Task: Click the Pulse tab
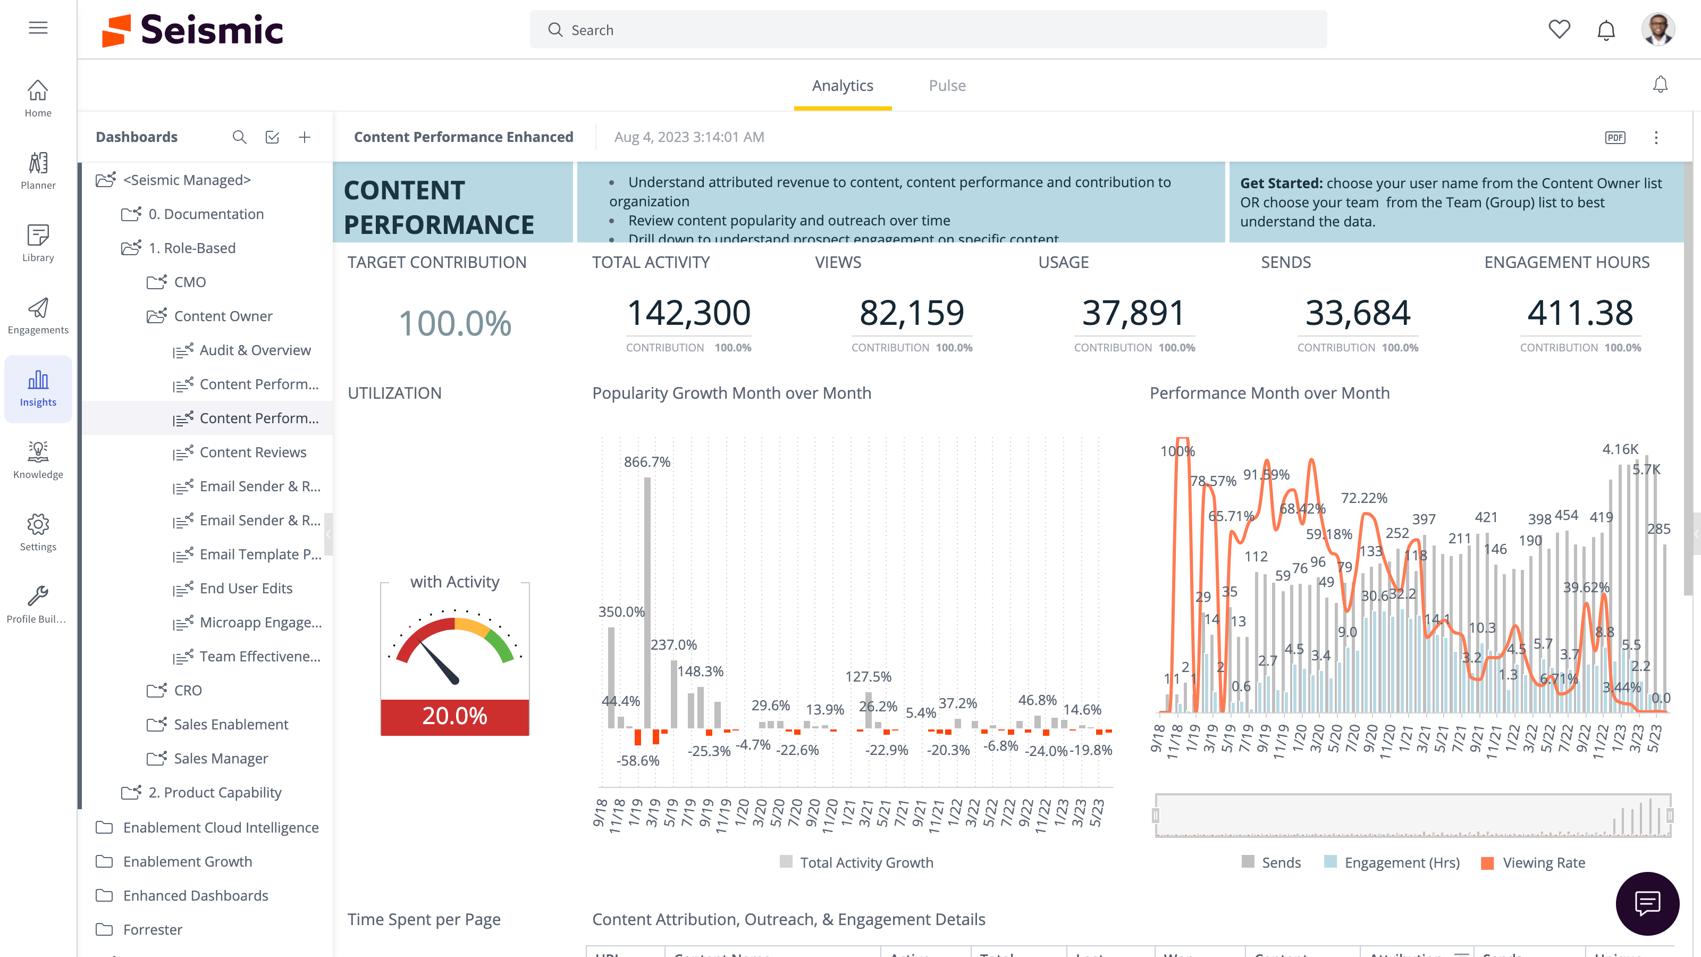coord(946,86)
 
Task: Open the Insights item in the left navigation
coord(38,388)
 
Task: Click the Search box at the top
coord(928,30)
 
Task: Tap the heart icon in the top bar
coord(1559,30)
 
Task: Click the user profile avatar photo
coord(1657,30)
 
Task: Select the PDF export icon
coord(1615,137)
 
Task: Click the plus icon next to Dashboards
coord(305,137)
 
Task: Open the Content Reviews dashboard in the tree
coord(253,452)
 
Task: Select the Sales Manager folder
coord(221,758)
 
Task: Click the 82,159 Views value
coord(911,313)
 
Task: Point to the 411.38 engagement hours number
coord(1579,313)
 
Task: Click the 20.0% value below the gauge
coord(454,716)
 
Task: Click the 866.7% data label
coord(646,461)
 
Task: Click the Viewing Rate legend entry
coord(1543,862)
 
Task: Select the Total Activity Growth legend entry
coord(866,862)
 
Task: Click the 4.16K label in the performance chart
coord(1620,449)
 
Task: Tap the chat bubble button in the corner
coord(1647,903)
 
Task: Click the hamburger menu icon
coord(38,28)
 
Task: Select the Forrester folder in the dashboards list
coord(153,929)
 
